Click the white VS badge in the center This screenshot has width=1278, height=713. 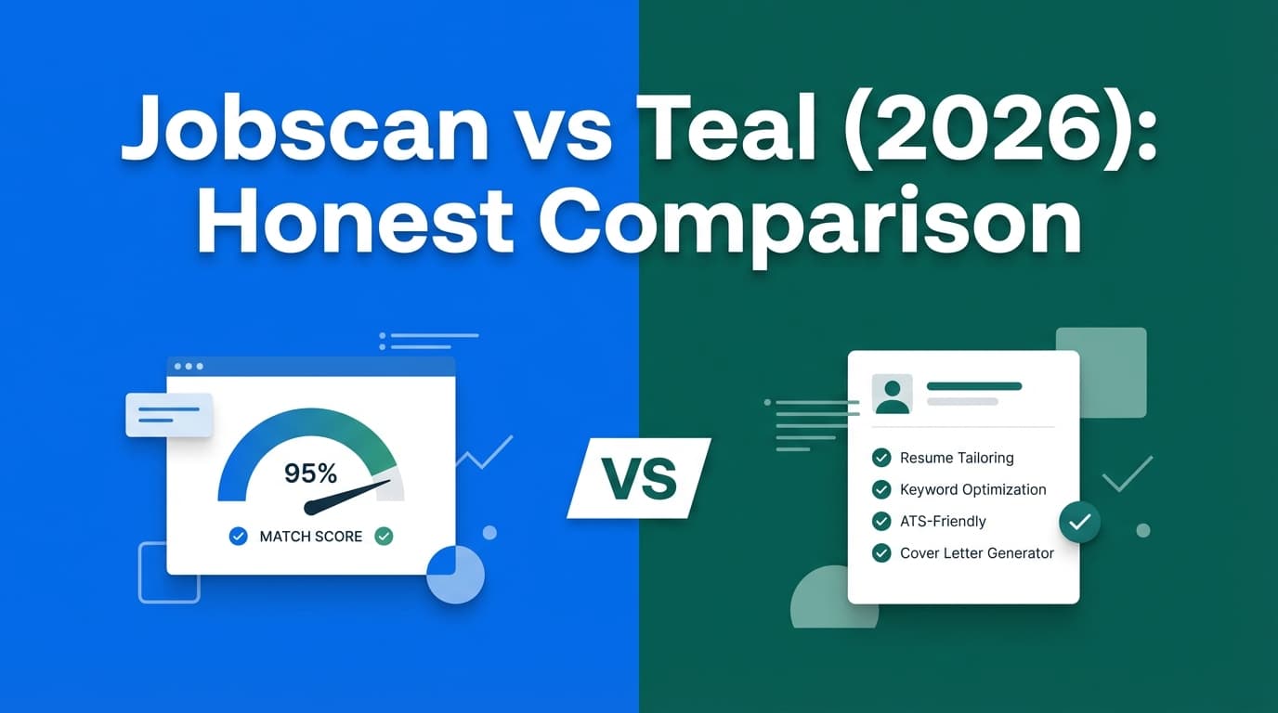639,478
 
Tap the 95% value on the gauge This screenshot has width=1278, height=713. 310,473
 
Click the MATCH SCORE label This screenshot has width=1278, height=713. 310,536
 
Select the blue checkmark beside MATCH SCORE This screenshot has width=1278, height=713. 239,536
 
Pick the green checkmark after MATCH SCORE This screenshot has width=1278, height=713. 383,536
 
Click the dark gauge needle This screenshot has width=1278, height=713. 348,497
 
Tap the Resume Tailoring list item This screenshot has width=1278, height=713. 957,458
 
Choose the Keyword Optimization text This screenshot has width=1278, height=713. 972,489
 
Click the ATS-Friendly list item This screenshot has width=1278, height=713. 943,521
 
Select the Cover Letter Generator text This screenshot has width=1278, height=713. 976,552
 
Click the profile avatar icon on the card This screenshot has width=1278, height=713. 893,394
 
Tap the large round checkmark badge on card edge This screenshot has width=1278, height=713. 1079,523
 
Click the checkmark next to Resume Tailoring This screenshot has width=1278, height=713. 881,458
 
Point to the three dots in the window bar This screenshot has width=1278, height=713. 188,366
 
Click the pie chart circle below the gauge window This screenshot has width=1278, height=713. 455,575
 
